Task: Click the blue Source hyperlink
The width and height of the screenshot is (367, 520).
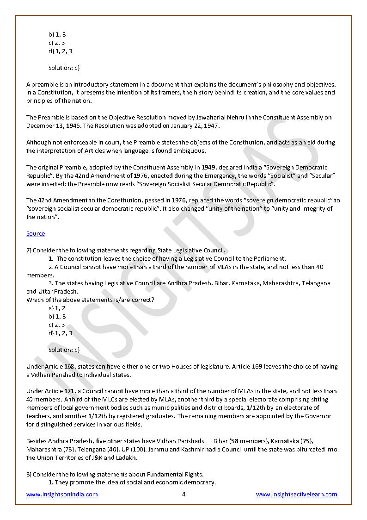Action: click(36, 234)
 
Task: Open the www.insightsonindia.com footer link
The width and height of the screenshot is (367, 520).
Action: click(62, 495)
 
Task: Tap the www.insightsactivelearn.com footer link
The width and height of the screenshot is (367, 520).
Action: click(297, 495)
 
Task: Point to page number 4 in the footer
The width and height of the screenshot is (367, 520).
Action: click(183, 495)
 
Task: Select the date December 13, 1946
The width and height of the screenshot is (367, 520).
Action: click(51, 126)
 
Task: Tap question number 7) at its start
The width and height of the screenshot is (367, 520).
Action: click(29, 251)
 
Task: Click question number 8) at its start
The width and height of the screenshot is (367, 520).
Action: click(29, 475)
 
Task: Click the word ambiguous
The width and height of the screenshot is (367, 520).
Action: click(190, 151)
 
